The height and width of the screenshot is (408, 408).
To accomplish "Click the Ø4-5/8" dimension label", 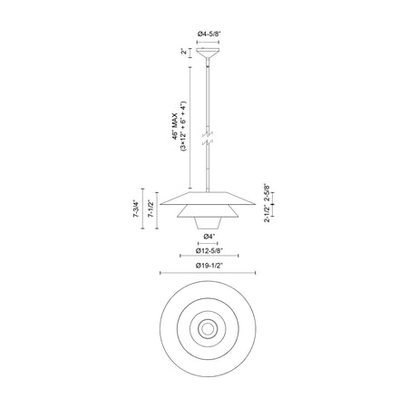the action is [209, 34].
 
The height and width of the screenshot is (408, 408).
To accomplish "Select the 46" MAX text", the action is [176, 126].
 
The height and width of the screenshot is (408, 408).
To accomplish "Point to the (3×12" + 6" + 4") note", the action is [184, 126].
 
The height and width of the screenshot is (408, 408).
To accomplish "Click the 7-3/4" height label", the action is [136, 209].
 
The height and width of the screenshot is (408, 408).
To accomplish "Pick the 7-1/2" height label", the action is [151, 209].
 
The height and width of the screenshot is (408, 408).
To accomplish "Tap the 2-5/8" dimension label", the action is [267, 192].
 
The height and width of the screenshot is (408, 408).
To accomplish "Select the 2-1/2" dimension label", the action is [267, 214].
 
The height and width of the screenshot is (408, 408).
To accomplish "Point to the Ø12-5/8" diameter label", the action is [209, 250].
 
